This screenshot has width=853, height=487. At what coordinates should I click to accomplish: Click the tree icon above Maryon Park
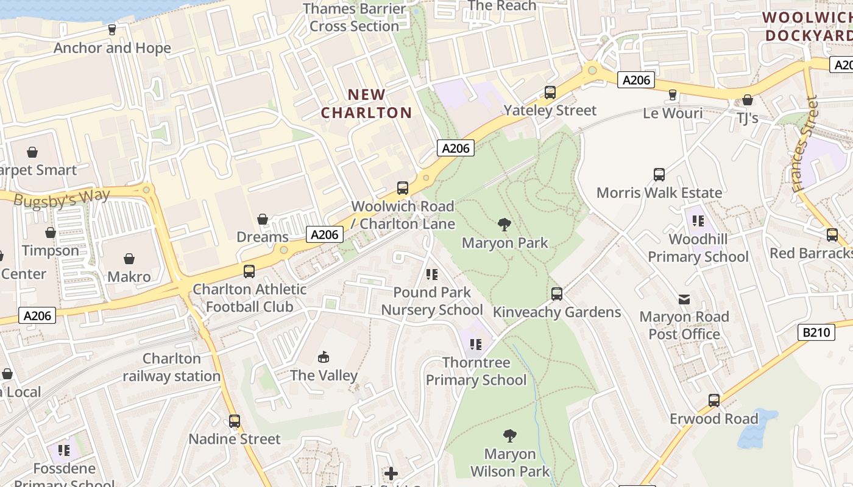tap(504, 225)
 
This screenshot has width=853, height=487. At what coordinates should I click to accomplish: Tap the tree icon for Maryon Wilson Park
tap(510, 436)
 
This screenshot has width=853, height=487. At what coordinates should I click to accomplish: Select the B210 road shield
tap(815, 332)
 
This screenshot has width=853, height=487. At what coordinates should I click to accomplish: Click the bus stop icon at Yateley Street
tap(550, 93)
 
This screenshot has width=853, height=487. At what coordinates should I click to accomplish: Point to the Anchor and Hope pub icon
tap(112, 29)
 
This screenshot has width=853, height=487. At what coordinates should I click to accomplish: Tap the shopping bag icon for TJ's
tap(748, 100)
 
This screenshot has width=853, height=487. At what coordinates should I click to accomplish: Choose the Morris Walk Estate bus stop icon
tap(659, 175)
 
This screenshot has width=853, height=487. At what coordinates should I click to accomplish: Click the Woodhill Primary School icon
tap(698, 221)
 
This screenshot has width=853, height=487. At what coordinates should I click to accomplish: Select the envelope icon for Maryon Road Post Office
tap(684, 299)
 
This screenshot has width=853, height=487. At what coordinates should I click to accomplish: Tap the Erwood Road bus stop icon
tap(713, 401)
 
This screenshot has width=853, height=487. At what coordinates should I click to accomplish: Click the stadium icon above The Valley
tap(324, 357)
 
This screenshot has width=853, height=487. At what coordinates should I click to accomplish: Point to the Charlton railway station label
tap(172, 367)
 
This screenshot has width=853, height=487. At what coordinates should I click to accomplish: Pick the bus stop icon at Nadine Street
tap(235, 421)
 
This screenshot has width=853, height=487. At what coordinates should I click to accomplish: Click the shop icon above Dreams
tap(263, 219)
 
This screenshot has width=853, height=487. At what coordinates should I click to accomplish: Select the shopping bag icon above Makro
tap(129, 259)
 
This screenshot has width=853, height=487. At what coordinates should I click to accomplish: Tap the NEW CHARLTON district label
tap(367, 103)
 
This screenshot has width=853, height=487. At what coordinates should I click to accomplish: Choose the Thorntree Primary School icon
tap(476, 345)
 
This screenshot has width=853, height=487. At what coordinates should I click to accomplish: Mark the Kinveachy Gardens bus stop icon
tap(556, 294)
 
